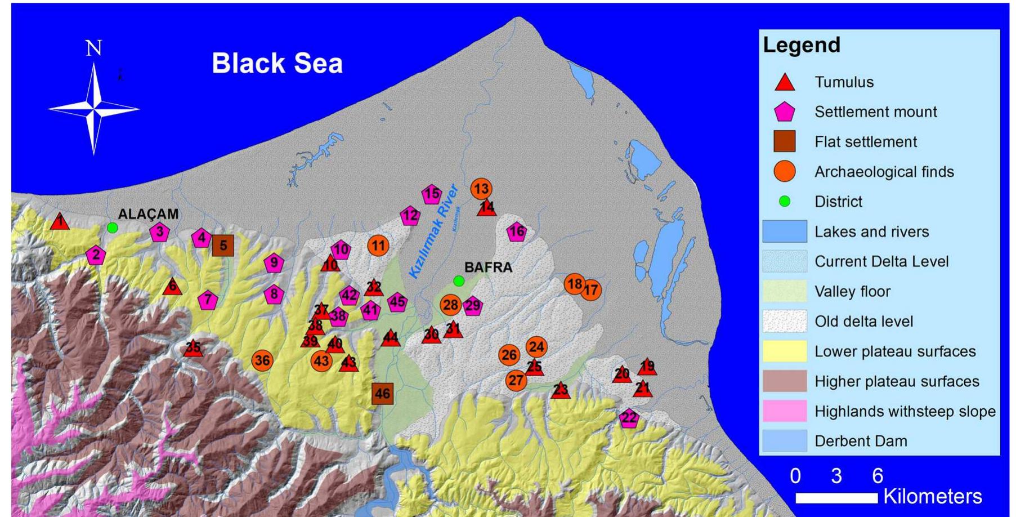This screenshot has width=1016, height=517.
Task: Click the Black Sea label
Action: [x=277, y=63]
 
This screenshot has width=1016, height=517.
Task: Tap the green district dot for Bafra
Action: [x=459, y=280]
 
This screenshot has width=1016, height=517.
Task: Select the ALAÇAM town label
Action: [x=148, y=214]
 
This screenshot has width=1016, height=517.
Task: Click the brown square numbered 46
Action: [x=382, y=394]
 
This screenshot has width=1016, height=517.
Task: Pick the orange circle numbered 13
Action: [x=481, y=189]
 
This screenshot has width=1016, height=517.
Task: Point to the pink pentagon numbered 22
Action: [x=629, y=418]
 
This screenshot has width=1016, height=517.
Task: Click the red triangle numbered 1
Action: [x=60, y=222]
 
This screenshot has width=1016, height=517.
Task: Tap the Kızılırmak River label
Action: [x=433, y=231]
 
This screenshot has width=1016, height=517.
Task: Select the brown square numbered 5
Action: [x=223, y=246]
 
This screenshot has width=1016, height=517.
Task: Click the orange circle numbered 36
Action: [x=262, y=360]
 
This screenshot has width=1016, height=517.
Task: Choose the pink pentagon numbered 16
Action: [x=517, y=231]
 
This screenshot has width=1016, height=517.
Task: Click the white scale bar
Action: [x=836, y=498]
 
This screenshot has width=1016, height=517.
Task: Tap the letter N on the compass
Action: [x=93, y=48]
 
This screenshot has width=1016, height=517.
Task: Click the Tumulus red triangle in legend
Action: [x=785, y=83]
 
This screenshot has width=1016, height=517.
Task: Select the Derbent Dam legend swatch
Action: [x=785, y=441]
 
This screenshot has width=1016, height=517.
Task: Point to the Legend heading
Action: [x=802, y=45]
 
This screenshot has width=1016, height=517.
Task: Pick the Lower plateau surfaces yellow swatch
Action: [x=785, y=351]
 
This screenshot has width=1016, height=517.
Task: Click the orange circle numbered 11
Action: [x=378, y=246]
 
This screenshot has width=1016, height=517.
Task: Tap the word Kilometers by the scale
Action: [x=933, y=497]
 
